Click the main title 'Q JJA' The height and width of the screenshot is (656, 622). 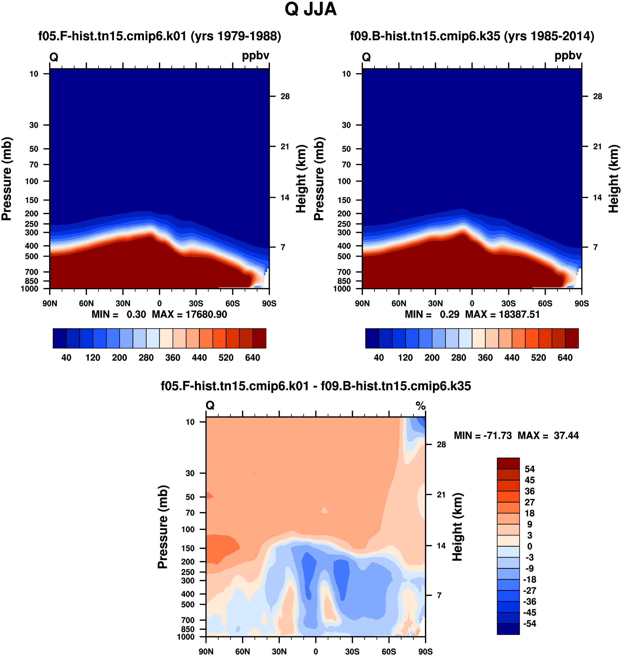point(311,9)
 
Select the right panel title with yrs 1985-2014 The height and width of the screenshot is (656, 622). point(472,36)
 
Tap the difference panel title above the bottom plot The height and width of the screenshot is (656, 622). point(316,386)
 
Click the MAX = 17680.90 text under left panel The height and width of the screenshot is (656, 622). point(190,314)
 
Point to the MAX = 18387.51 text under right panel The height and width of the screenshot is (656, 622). point(503,314)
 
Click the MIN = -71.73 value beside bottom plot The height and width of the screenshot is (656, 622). point(483,435)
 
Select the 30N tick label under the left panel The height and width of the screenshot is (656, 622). point(123,303)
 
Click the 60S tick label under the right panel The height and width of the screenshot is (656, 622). point(545,303)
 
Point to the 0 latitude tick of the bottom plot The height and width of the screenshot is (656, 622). point(316,652)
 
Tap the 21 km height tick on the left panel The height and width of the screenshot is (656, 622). point(285,146)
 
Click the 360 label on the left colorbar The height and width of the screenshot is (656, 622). point(173,358)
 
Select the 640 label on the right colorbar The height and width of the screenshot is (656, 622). point(565,358)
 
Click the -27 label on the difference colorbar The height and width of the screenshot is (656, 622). point(530,590)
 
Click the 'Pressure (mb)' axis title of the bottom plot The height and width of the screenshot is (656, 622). point(163,527)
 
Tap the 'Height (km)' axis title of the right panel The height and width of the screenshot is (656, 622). point(614,179)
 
